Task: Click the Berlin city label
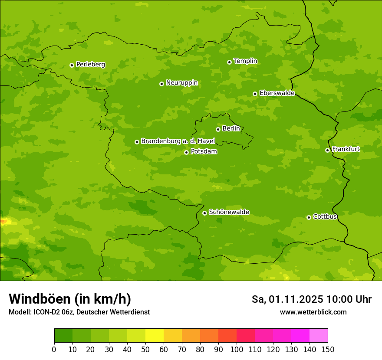pos(231,129)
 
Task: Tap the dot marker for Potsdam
pos(187,152)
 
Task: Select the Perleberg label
pos(90,65)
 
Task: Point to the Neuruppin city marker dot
pos(161,84)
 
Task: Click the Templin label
pos(245,61)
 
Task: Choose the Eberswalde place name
pos(277,93)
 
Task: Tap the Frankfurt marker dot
pos(327,150)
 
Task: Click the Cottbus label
pos(325,217)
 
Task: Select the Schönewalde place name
pos(229,212)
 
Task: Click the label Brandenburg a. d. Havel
pos(178,141)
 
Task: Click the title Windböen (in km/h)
pos(70,299)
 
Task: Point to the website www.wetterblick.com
pos(313,312)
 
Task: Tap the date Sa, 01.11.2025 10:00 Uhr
pos(311,299)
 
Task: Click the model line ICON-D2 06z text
pos(79,312)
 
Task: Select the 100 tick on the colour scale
pos(237,349)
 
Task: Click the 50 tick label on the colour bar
pos(145,349)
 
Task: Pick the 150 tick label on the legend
pos(328,349)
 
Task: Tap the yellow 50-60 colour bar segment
pos(155,336)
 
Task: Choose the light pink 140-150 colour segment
pos(319,336)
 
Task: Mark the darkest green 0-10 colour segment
pos(63,336)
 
